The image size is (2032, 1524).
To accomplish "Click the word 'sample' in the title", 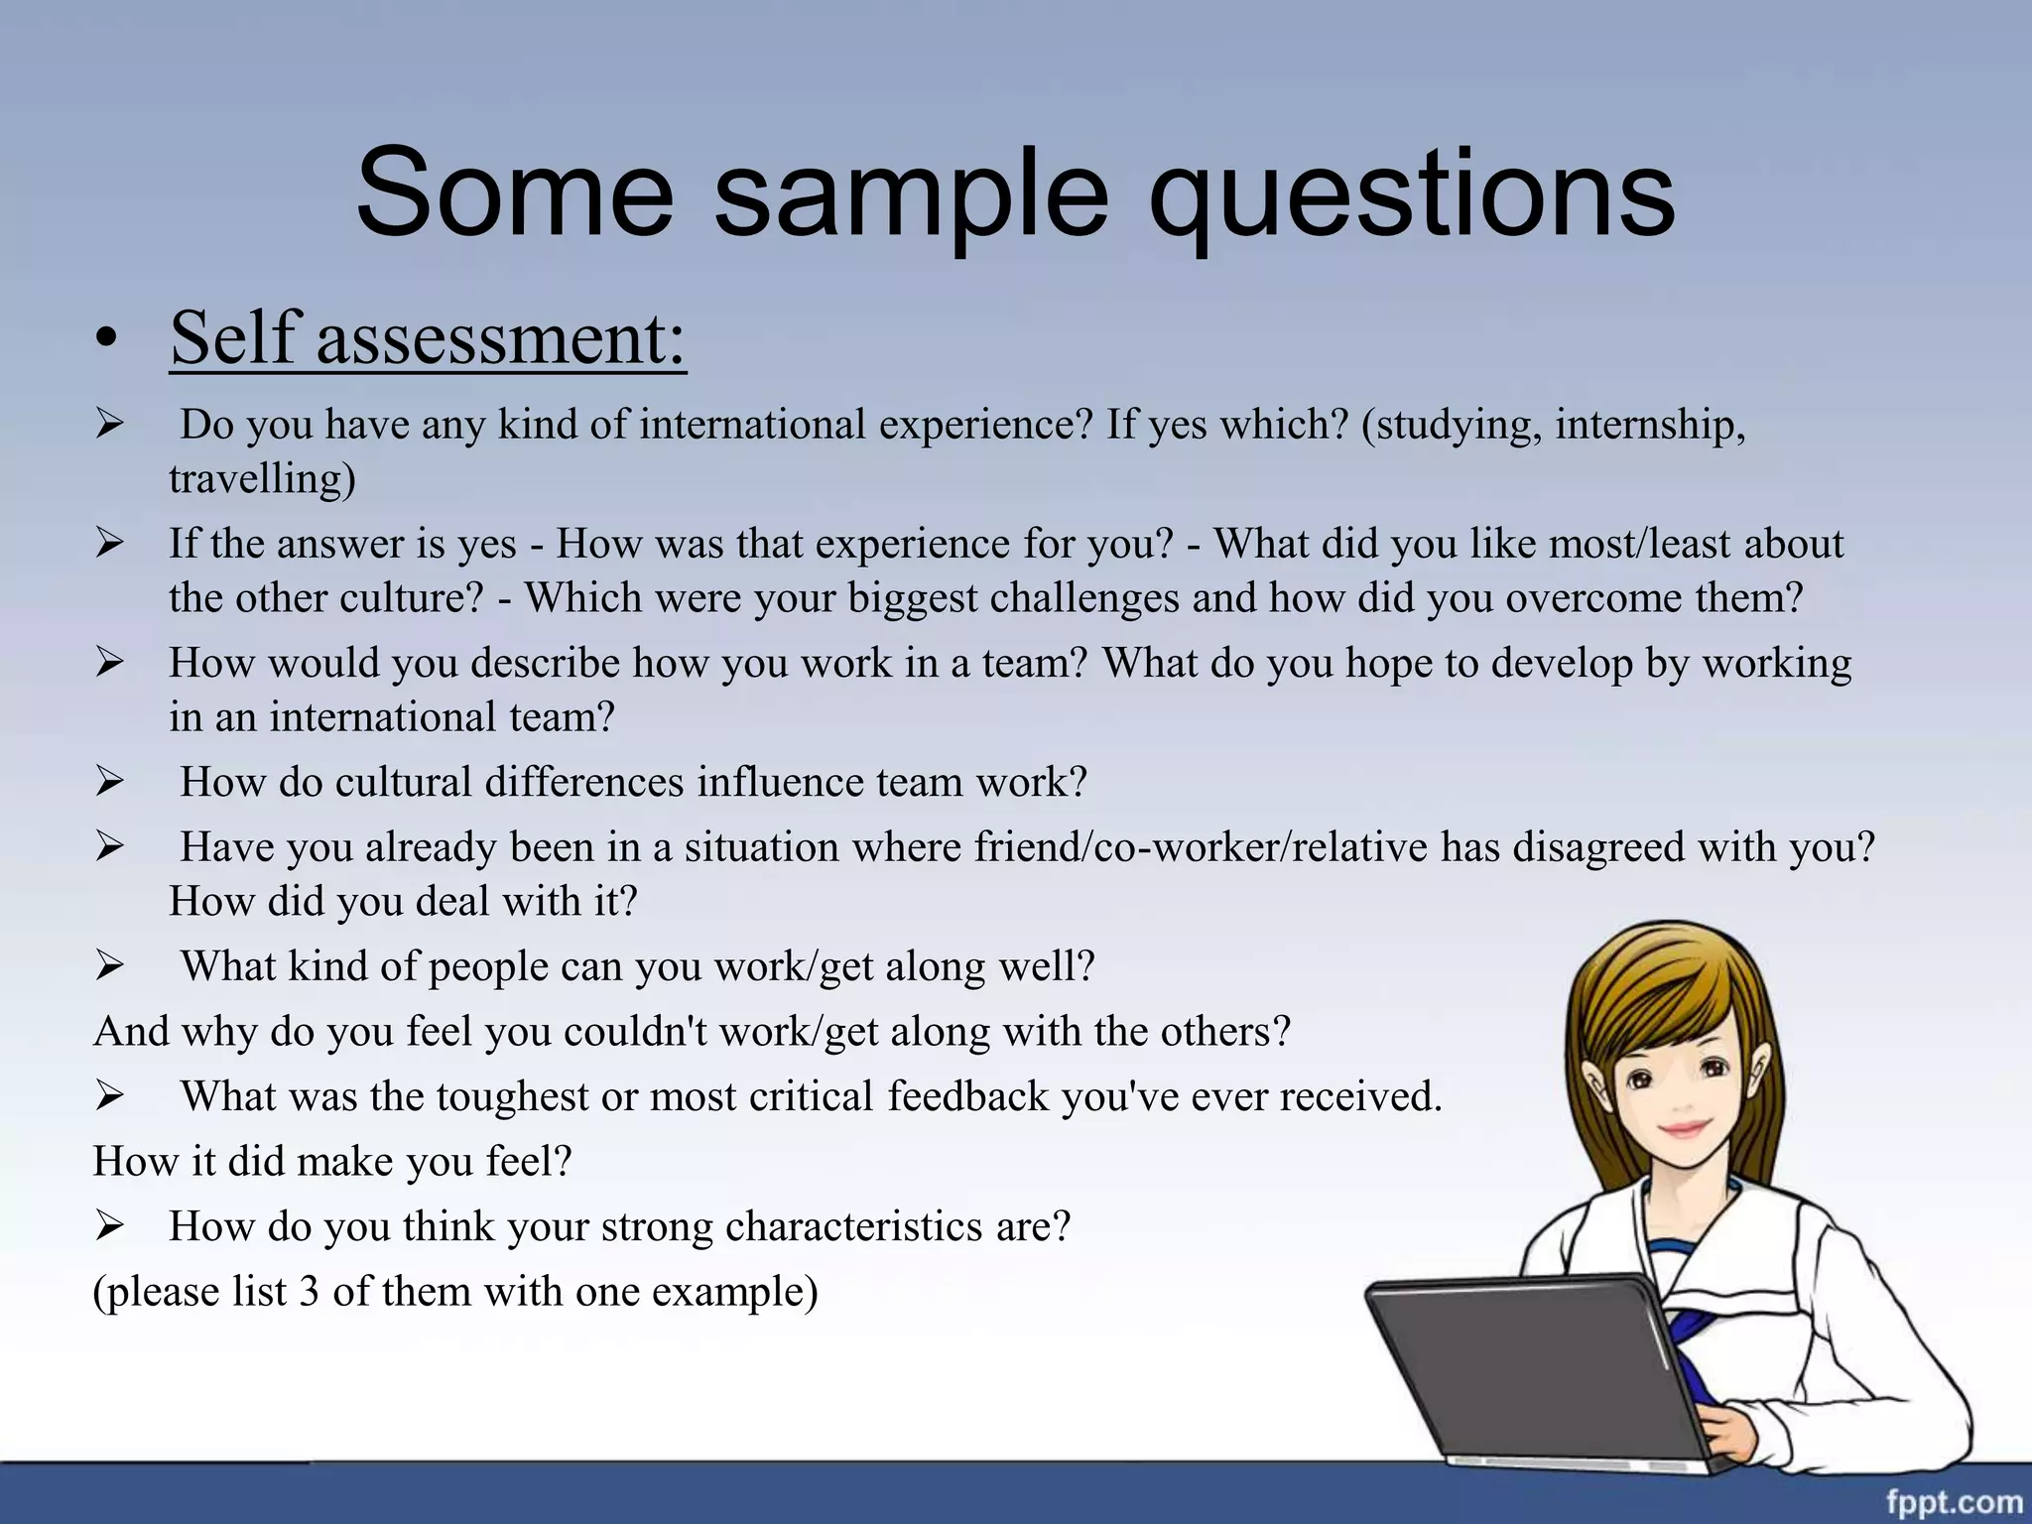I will point(910,194).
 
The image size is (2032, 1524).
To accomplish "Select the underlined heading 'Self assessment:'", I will point(428,338).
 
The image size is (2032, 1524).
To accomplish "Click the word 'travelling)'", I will point(262,479).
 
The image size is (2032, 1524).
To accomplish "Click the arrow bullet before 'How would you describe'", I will point(109,663).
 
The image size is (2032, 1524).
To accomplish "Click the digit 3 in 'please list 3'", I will point(309,1292).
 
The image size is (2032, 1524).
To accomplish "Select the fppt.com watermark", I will point(1954,1502).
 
